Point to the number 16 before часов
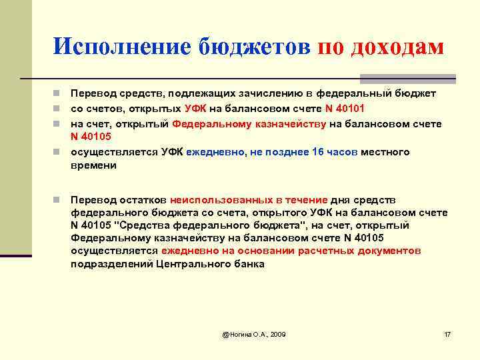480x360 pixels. pos(317,152)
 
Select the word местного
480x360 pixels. pos(385,152)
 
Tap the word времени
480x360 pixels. pos(93,165)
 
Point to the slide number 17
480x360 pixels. pos(447,333)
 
